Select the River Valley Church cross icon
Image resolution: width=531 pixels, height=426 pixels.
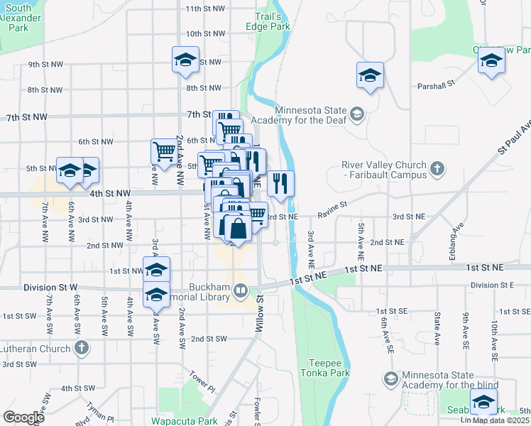pos(437,169)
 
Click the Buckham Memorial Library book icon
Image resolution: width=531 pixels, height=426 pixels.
pos(241,290)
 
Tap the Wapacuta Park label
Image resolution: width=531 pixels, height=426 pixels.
pos(188,420)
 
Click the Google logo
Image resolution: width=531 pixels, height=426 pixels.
pos(24,417)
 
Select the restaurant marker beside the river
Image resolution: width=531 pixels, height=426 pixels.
pos(280,185)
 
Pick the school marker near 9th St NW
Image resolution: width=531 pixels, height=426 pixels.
pos(185,60)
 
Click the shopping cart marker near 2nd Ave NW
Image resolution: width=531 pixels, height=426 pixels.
pos(164,151)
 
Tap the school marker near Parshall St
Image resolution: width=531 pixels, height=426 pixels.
pos(370,75)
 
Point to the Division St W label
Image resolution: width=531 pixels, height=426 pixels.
pos(50,288)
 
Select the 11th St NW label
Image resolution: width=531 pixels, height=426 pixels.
pos(204,9)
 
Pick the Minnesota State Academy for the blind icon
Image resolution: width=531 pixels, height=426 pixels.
pos(390,379)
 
